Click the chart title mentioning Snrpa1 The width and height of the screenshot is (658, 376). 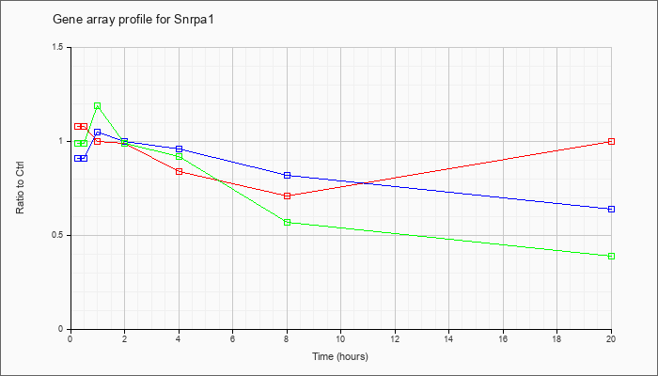(x=133, y=20)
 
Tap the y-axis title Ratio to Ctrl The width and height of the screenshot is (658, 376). (x=20, y=187)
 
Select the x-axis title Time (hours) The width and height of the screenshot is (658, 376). (x=340, y=356)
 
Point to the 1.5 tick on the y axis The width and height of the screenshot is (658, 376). (x=64, y=47)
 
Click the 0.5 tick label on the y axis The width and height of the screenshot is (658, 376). (x=64, y=235)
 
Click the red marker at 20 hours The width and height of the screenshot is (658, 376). (x=611, y=141)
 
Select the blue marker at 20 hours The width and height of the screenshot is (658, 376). (x=611, y=209)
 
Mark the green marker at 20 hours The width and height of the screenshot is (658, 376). (x=611, y=256)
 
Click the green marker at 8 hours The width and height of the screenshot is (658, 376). (x=287, y=223)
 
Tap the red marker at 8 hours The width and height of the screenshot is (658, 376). (x=287, y=196)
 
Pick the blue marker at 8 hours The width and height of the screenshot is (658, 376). (x=287, y=176)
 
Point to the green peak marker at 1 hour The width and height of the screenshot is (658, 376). (x=98, y=105)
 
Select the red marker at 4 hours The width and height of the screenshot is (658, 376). (x=180, y=172)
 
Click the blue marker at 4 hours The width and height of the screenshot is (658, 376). (x=180, y=149)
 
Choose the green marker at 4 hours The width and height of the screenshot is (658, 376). (x=180, y=157)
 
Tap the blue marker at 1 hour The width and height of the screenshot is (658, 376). (x=98, y=133)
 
